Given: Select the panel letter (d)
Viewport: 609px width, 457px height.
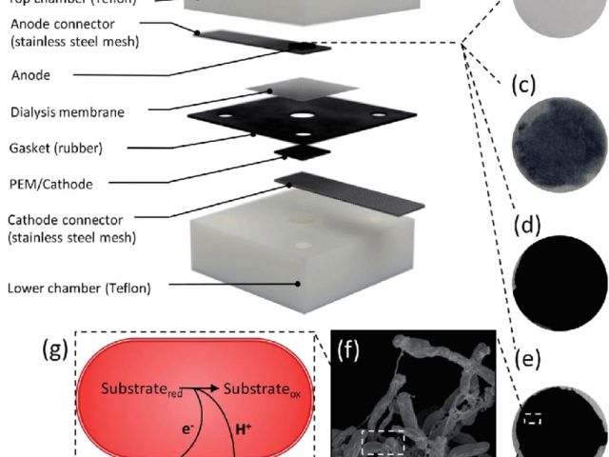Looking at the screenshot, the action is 526,227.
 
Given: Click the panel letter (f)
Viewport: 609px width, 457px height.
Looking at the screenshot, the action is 347,348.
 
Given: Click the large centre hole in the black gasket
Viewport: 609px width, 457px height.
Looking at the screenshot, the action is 303,117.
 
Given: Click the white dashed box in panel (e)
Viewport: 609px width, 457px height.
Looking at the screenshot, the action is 533,416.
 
